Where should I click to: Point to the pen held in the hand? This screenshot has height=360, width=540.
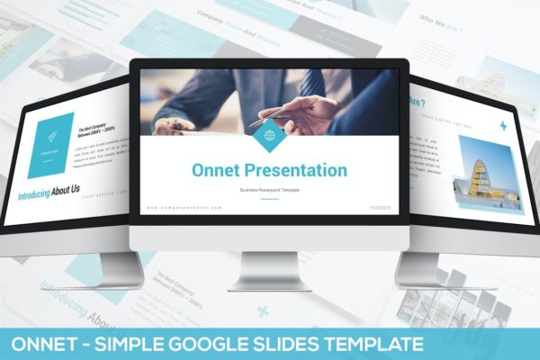click(270, 116)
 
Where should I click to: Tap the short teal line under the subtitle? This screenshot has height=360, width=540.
click(269, 198)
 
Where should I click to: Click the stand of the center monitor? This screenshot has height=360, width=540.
click(269, 270)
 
